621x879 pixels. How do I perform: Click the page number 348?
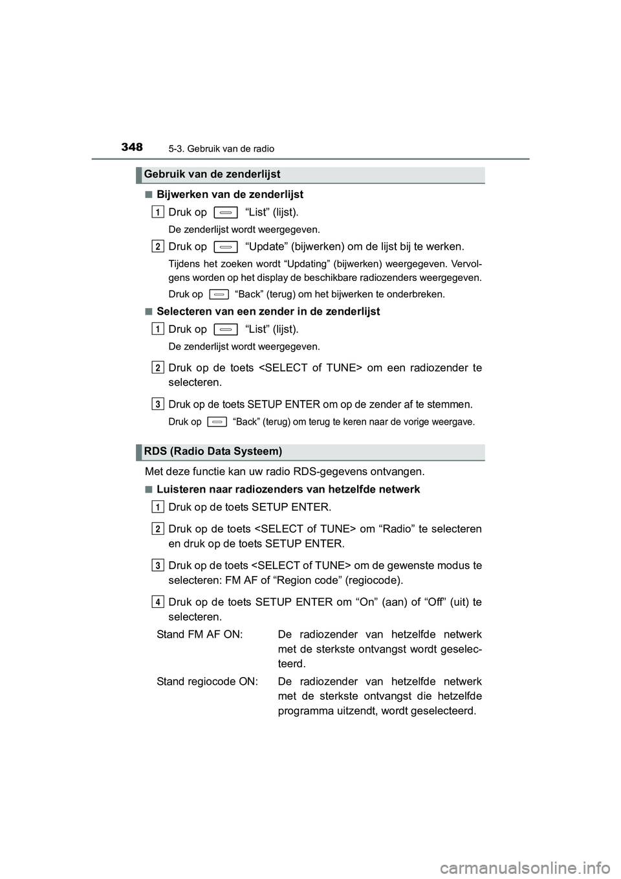(x=131, y=147)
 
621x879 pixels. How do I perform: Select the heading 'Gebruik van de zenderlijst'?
(x=212, y=174)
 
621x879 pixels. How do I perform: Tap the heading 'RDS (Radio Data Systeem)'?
(x=213, y=451)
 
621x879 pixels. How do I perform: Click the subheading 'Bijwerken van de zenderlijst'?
(x=230, y=194)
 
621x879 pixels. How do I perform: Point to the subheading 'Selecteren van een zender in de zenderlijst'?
(x=268, y=311)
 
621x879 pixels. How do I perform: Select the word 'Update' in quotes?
(x=266, y=247)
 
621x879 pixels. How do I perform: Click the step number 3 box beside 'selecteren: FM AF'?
(x=158, y=566)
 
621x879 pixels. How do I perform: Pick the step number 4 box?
(x=158, y=602)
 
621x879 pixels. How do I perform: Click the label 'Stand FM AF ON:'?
(x=200, y=634)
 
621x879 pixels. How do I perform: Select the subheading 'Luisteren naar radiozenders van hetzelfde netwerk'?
(x=288, y=489)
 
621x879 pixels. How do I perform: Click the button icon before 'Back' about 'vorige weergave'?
(x=218, y=422)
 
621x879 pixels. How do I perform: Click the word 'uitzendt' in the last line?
(x=359, y=711)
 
